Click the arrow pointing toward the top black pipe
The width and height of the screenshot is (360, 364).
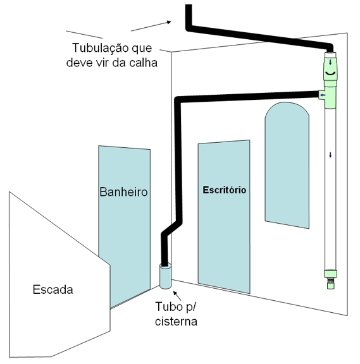151,26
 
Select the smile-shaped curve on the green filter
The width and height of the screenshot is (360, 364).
330,73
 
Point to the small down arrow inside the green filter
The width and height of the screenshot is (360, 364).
330,62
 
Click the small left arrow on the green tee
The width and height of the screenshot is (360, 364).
322,95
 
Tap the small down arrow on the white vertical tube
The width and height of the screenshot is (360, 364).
330,155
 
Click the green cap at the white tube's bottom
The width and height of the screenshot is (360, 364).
330,274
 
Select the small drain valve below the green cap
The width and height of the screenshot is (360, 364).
331,284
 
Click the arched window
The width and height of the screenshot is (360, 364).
287,165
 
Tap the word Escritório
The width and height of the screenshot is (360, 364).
224,190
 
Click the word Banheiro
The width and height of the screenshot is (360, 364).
123,192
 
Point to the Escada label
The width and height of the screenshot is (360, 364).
53,289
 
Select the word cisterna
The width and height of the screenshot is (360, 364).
176,321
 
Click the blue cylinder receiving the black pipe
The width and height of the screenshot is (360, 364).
165,276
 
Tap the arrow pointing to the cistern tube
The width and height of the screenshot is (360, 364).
177,296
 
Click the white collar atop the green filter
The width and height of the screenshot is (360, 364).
330,55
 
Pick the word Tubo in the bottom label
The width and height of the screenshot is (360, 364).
169,306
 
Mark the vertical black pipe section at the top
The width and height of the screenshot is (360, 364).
189,16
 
